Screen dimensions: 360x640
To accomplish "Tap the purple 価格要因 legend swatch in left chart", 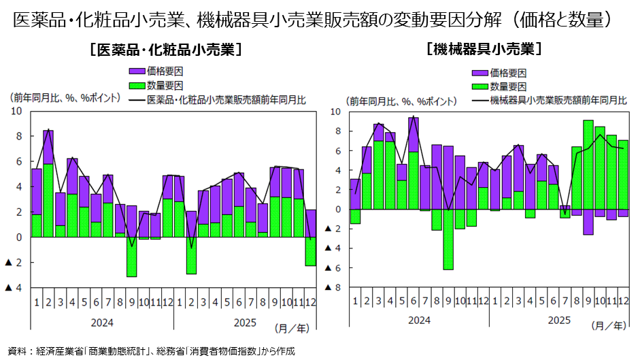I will pos(136,71).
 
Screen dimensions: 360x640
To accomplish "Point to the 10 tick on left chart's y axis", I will pos(17,111).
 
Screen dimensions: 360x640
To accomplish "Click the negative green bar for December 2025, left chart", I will pos(311,251).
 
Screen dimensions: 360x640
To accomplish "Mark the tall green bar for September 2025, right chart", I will pos(588,164).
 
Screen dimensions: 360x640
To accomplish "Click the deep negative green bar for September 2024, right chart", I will pos(448,239).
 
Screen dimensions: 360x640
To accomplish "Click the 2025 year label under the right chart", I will pos(559,321).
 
